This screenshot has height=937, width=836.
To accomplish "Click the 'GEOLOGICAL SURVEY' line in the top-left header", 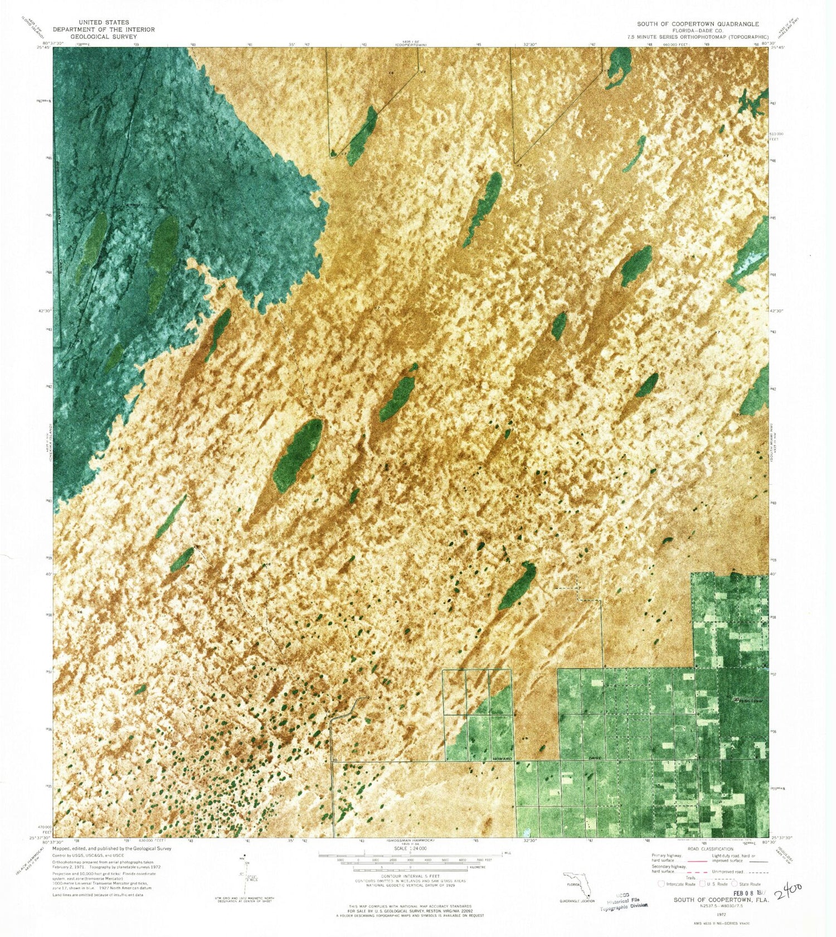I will (104, 36).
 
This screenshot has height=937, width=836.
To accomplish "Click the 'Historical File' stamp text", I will (623, 901).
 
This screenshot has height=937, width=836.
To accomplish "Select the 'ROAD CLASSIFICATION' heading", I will (710, 849).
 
